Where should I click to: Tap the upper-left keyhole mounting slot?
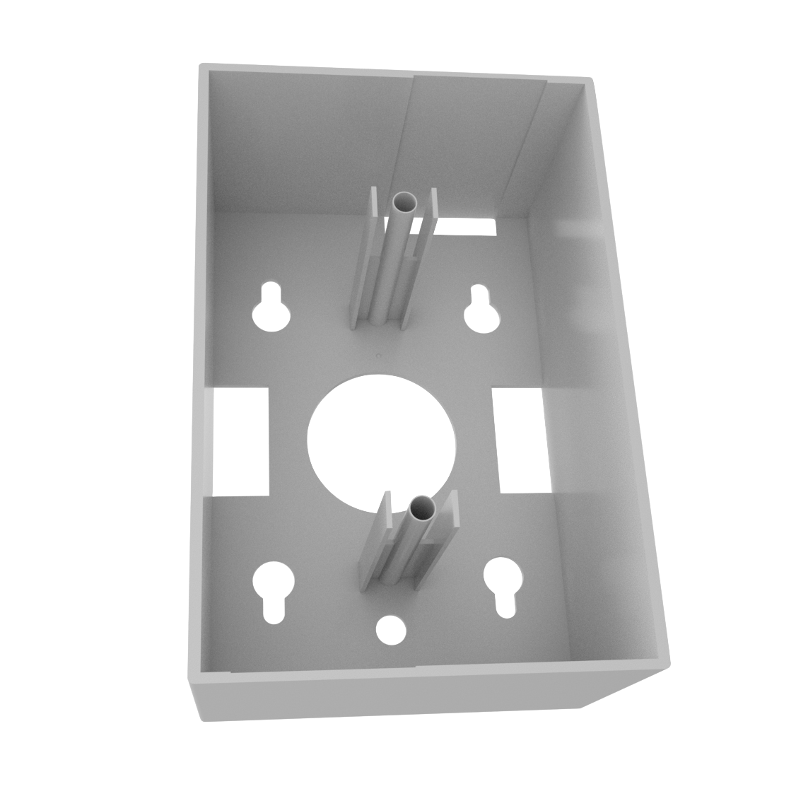(x=270, y=309)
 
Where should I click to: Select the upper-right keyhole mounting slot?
(x=481, y=310)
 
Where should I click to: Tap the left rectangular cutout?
(x=240, y=440)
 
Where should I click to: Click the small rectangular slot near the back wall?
(x=467, y=226)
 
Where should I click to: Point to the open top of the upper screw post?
(x=406, y=203)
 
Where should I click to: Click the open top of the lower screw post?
(x=423, y=507)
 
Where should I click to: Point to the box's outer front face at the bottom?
(x=389, y=696)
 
